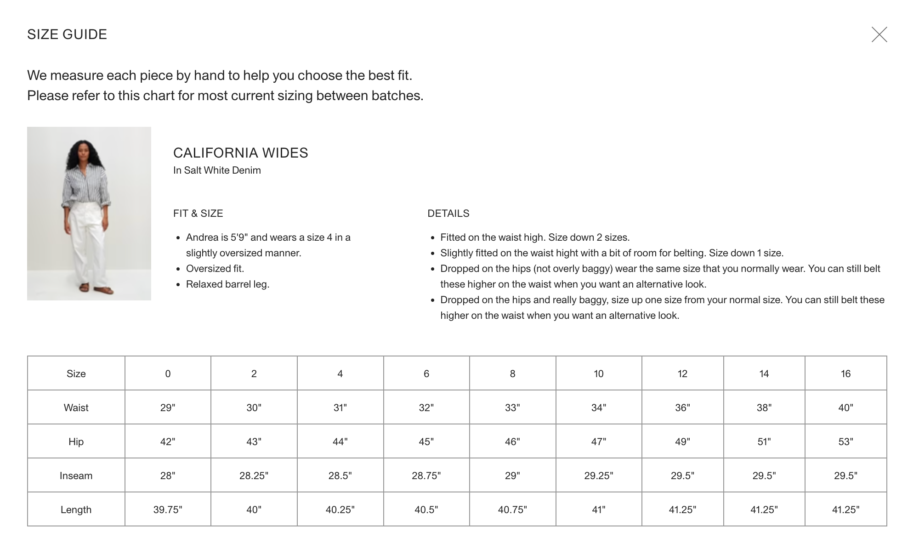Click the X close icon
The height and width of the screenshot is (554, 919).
879,34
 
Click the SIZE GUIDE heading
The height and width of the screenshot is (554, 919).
67,34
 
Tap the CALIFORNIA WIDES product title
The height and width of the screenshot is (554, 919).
240,153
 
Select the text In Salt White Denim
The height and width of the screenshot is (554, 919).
217,170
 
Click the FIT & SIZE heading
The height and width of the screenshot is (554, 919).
198,214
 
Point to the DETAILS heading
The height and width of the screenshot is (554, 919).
448,214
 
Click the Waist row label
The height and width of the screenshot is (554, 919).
76,407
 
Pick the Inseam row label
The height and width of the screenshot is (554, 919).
76,475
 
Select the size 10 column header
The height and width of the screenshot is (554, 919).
598,373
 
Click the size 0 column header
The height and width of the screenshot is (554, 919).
168,373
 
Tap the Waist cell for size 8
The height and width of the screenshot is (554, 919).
512,407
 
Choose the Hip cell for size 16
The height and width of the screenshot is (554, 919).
845,441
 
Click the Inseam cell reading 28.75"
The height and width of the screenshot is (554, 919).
426,475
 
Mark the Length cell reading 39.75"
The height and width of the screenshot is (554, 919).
168,509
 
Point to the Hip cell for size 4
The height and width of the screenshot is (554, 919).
340,441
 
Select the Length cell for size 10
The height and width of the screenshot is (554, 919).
598,509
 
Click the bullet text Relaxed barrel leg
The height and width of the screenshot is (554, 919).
227,284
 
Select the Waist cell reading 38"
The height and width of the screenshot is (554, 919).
764,407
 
